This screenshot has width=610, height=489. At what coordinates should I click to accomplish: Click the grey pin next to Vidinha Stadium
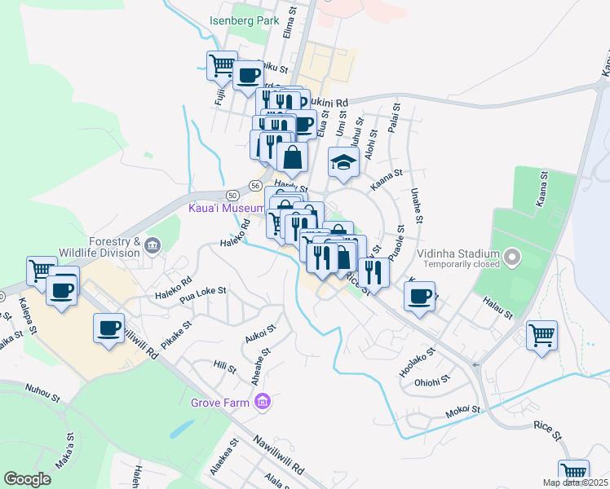(511, 258)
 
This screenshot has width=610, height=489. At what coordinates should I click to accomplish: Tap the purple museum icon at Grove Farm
(262, 402)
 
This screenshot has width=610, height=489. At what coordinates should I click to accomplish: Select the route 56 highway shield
(255, 185)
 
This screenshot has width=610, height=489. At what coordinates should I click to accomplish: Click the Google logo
(28, 479)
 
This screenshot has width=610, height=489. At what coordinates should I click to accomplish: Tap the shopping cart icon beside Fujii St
(222, 64)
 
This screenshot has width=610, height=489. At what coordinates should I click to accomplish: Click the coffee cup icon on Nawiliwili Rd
(109, 328)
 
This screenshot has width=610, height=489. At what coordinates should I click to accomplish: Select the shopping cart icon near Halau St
(541, 334)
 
